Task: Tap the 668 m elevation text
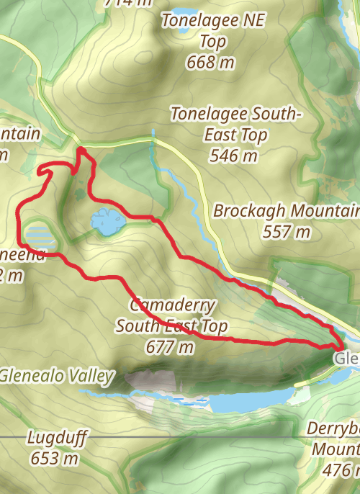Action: [x=210, y=63]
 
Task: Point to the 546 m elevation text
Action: [x=234, y=155]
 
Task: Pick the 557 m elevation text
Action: [x=286, y=232]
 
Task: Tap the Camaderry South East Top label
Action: [x=171, y=315]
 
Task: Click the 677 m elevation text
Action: [x=170, y=347]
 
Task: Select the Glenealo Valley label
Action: [x=57, y=375]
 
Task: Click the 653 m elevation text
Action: [x=55, y=457]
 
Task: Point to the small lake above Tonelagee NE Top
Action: [x=182, y=12]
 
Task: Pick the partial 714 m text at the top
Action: [x=129, y=2]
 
